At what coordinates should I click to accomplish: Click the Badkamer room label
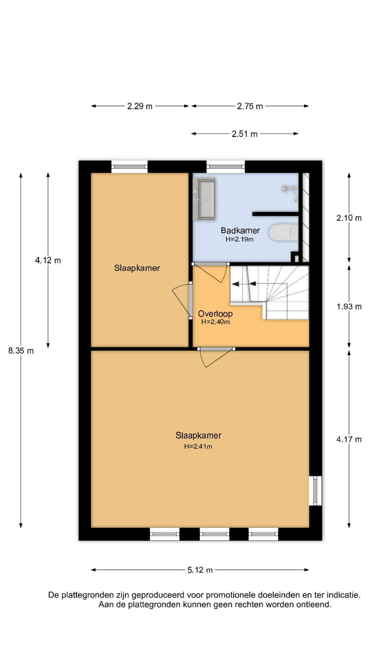240,230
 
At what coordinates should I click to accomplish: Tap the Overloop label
215,313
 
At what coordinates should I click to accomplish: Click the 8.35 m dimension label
21,351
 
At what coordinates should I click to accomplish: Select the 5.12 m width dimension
200,570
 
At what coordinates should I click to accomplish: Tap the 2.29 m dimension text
140,106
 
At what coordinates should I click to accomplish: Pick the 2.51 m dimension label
245,134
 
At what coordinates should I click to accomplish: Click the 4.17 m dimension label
349,439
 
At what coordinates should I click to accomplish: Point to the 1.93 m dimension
349,307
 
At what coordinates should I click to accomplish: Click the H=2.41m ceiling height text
198,446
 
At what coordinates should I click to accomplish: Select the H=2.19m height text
239,239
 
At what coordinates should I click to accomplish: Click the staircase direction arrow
244,284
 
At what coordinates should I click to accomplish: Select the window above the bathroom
225,167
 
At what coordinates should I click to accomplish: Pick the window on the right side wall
315,491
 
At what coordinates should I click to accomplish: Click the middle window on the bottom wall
214,534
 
